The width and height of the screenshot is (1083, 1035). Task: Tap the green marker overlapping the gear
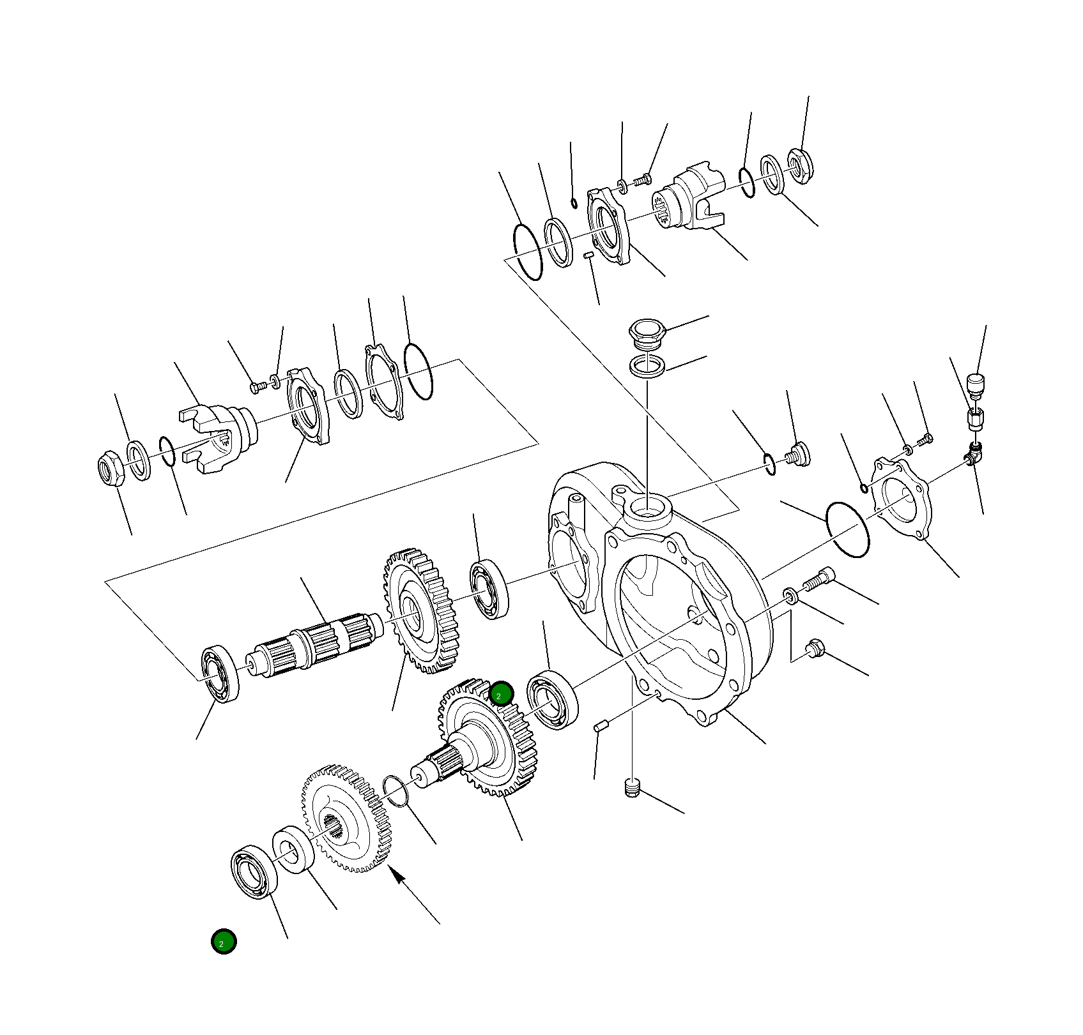pyautogui.click(x=501, y=694)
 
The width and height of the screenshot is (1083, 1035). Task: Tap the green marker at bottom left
pyautogui.click(x=224, y=942)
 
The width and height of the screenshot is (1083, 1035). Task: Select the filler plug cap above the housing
pyautogui.click(x=647, y=333)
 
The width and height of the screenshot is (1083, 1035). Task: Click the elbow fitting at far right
pyautogui.click(x=974, y=455)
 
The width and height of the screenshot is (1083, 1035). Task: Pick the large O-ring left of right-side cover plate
pyautogui.click(x=847, y=530)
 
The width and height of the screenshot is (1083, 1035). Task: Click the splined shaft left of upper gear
pyautogui.click(x=313, y=645)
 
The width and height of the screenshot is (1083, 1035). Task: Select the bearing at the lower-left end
pyautogui.click(x=254, y=872)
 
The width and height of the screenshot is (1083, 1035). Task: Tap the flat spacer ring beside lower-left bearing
pyautogui.click(x=293, y=849)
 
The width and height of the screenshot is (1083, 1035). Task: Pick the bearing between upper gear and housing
pyautogui.click(x=489, y=589)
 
